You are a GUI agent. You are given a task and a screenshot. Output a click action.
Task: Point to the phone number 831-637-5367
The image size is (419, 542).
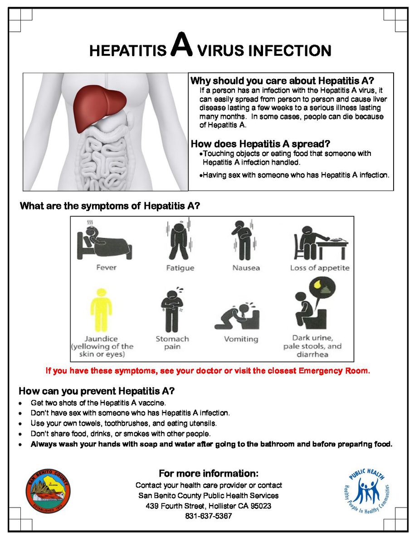coord(209,516)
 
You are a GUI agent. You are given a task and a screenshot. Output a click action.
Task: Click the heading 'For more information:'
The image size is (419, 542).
coord(209,474)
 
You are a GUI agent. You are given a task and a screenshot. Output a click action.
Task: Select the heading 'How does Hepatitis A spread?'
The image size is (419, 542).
coord(260,144)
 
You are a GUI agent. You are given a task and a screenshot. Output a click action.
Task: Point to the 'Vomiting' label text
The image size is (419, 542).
coord(241,339)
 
